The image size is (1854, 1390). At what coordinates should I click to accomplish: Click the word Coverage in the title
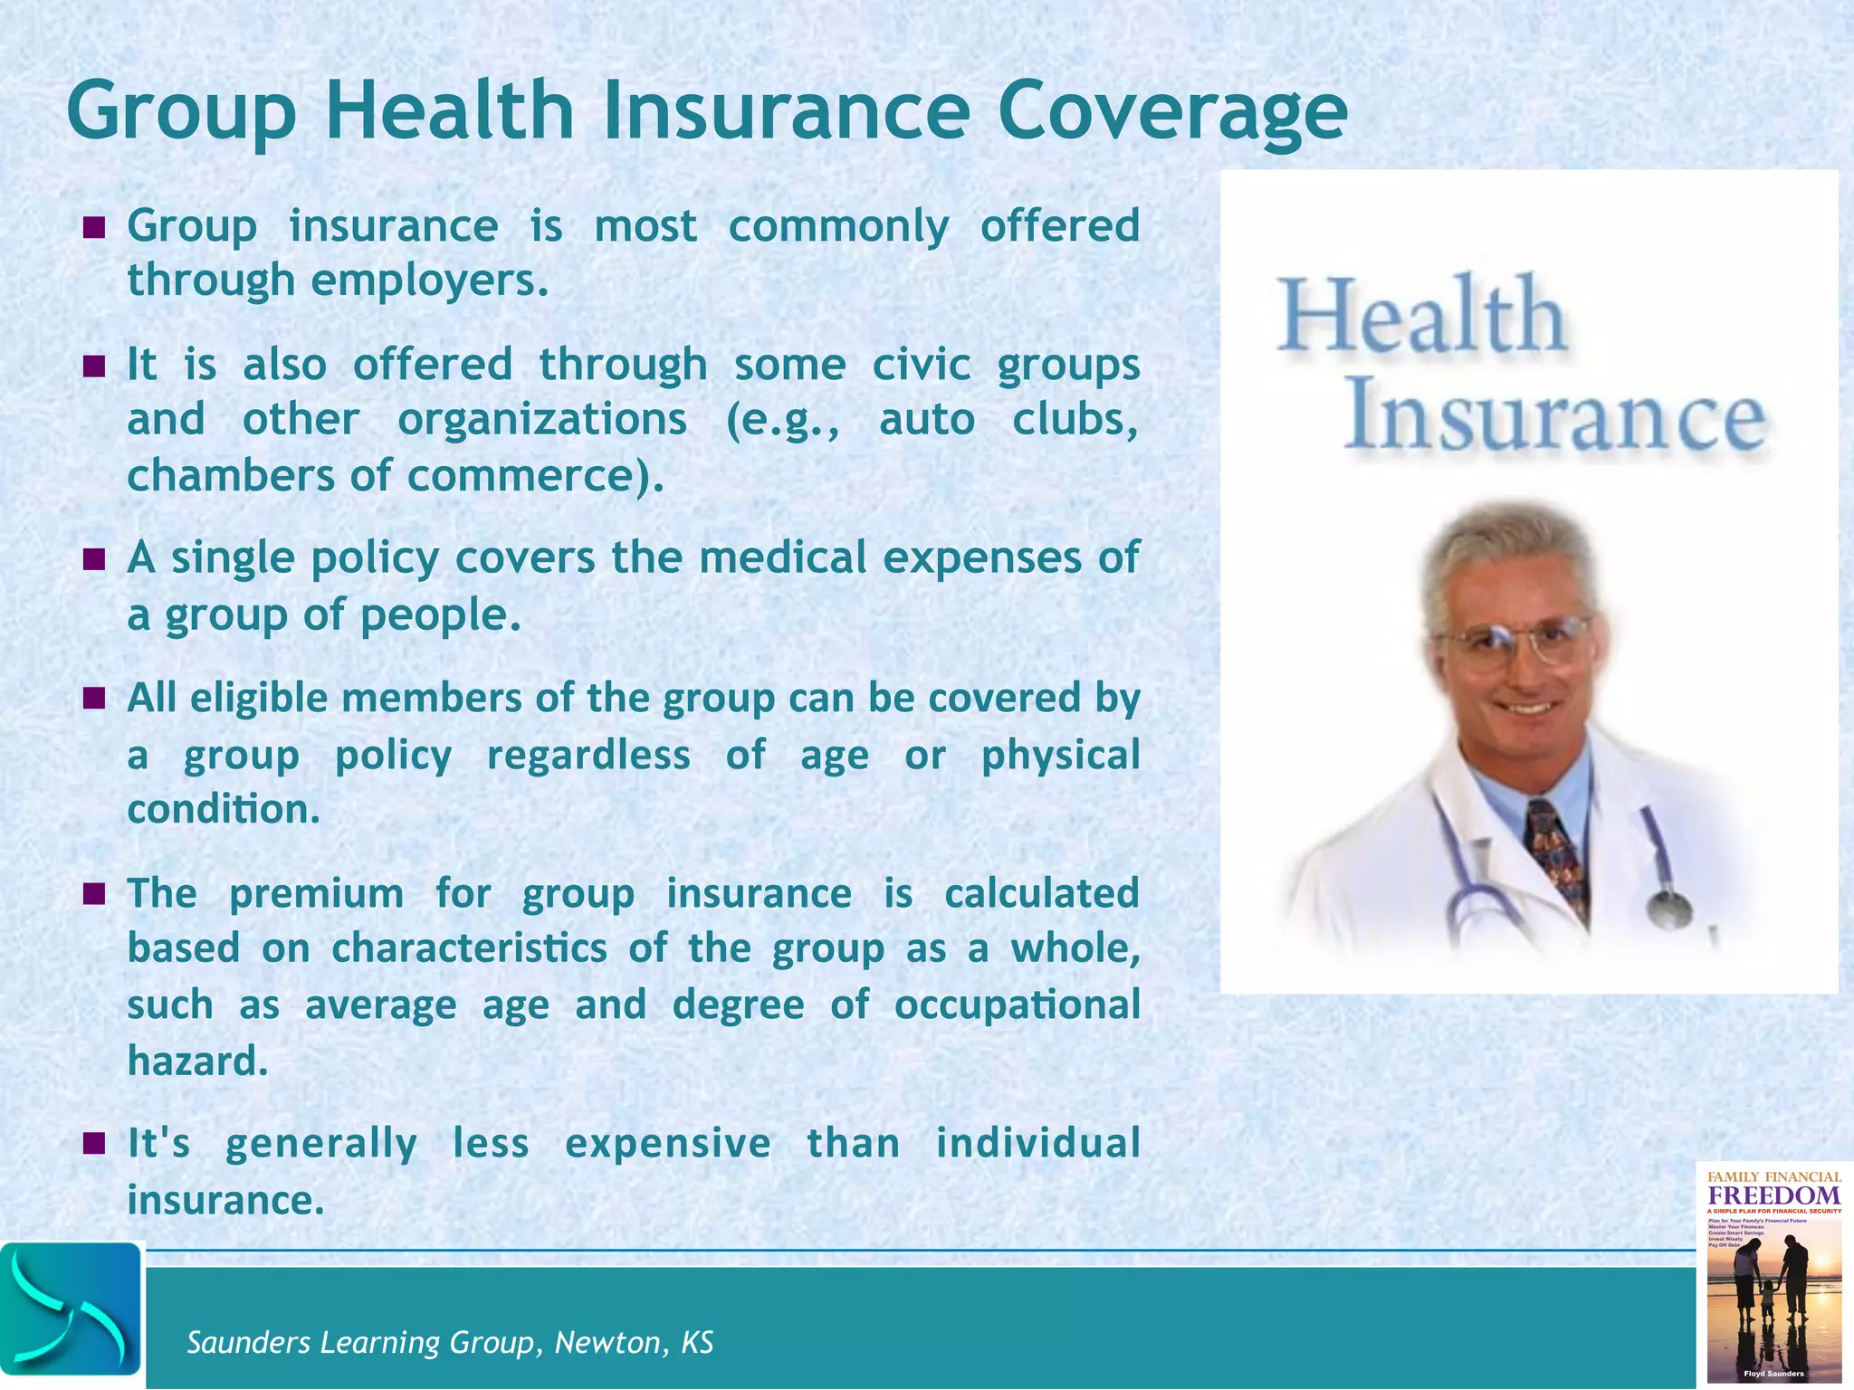pos(1172,110)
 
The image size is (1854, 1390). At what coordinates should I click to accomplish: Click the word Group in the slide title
pos(181,110)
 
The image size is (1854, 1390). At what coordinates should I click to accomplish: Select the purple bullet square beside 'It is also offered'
pos(94,367)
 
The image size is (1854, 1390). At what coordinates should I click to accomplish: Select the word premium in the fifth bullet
pos(316,894)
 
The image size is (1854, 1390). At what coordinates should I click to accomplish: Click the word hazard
pos(196,1062)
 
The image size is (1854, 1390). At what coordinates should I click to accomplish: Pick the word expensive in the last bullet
pos(668,1143)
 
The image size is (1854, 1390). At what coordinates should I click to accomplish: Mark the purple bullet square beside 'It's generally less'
pos(94,1144)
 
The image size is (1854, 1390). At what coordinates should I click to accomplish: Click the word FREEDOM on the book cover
pos(1773,1195)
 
